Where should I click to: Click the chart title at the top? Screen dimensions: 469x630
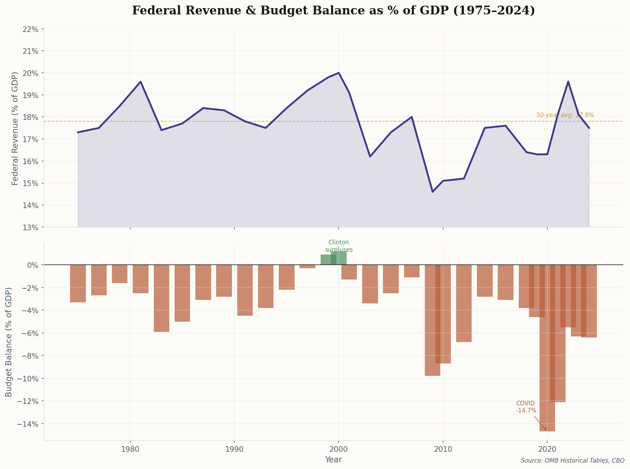tap(333, 11)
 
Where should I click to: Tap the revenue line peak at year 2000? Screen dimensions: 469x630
tap(339, 73)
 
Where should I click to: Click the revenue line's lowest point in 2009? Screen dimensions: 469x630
tap(433, 192)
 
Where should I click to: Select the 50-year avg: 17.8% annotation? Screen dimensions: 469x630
tap(565, 115)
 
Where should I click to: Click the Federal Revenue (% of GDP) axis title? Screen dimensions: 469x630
tap(15, 128)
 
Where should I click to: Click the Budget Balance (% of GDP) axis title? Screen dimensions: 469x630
tap(9, 342)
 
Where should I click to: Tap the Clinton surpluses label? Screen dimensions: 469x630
tap(339, 246)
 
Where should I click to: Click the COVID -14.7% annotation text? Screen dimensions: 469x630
tap(526, 407)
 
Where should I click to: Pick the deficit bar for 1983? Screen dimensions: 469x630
tap(162, 298)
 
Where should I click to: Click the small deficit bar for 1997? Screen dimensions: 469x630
tap(307, 266)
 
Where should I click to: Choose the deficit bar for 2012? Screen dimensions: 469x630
tap(464, 303)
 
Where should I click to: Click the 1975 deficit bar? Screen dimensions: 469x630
tap(78, 283)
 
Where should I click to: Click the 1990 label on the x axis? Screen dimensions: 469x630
tap(234, 450)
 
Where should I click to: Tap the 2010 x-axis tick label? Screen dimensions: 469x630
tap(443, 450)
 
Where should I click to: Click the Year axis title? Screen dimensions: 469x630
tap(333, 460)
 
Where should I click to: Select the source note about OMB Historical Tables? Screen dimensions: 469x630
tap(572, 461)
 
